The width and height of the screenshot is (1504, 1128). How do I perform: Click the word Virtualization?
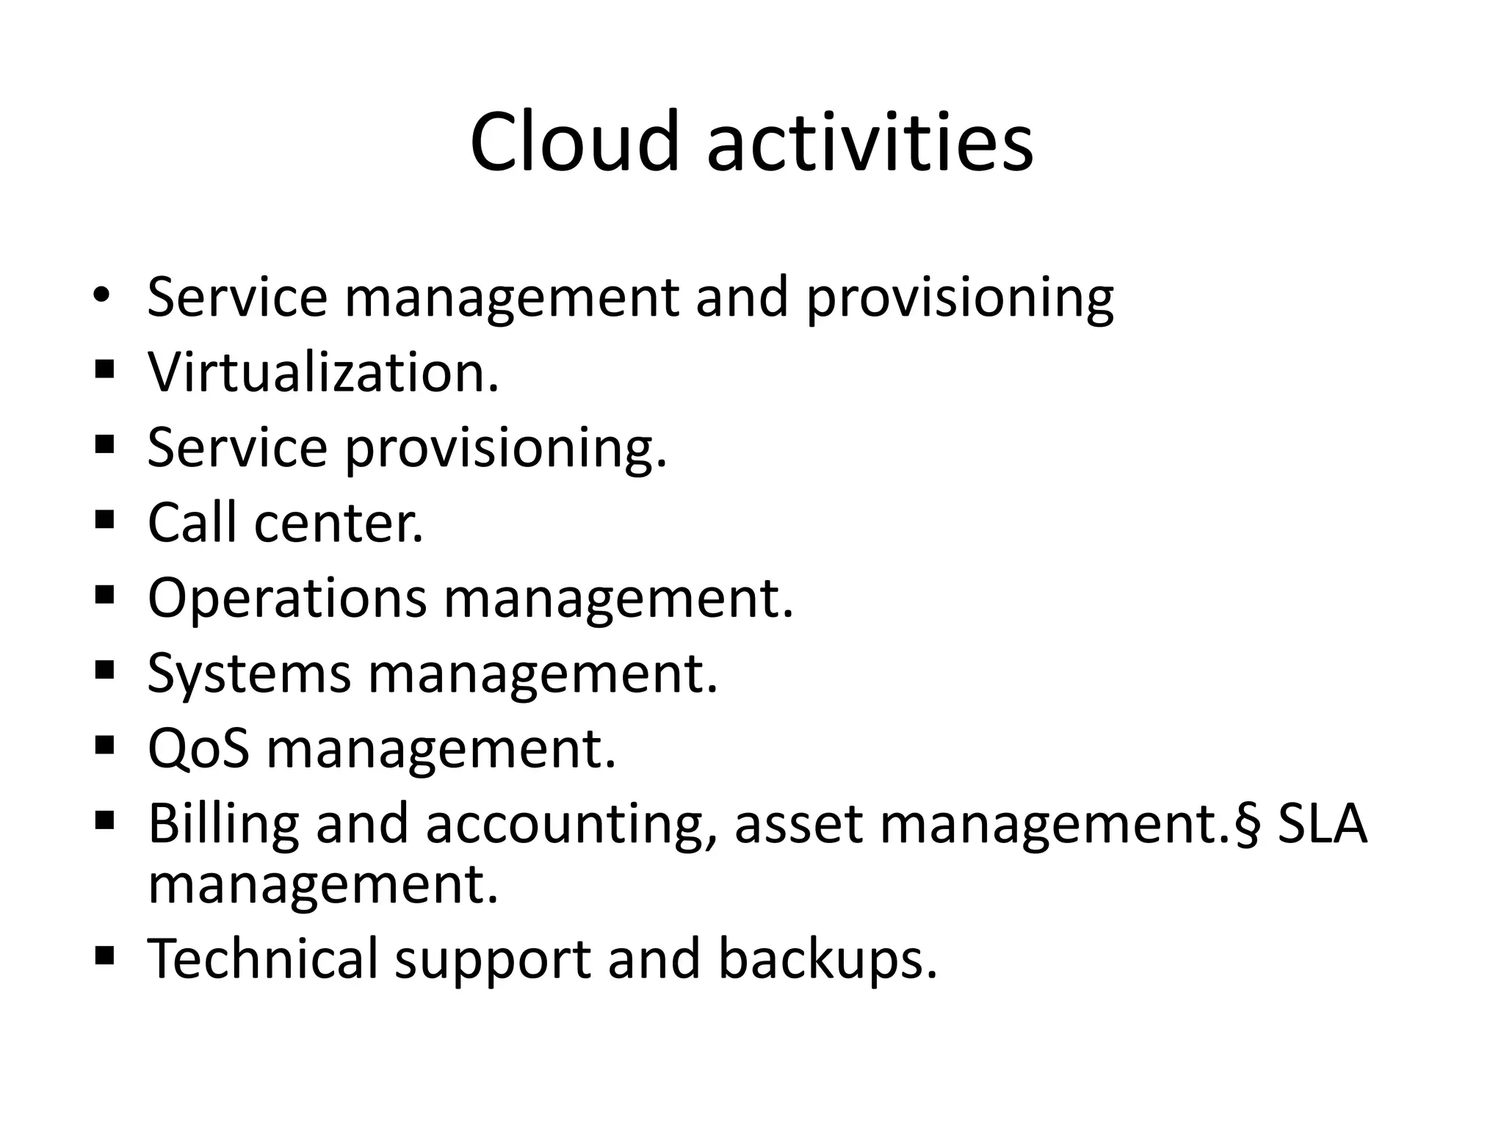click(323, 372)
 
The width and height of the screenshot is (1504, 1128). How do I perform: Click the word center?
click(339, 523)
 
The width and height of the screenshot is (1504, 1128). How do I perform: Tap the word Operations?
click(287, 598)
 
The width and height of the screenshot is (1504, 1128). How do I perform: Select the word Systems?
click(249, 674)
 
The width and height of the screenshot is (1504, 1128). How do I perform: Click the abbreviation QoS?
click(198, 749)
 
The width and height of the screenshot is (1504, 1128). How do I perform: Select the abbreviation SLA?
click(1323, 824)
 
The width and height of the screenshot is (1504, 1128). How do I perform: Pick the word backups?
click(828, 958)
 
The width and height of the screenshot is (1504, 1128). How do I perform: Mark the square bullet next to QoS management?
click(104, 745)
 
